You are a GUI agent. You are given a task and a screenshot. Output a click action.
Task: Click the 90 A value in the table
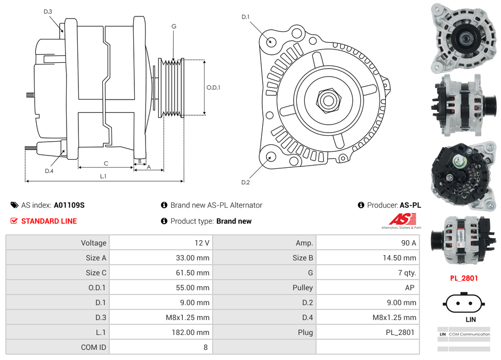[408, 243]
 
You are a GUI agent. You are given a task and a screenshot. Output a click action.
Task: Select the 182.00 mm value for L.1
[194, 332]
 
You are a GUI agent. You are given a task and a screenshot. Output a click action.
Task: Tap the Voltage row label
[93, 243]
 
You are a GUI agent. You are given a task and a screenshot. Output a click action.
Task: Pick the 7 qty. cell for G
[407, 273]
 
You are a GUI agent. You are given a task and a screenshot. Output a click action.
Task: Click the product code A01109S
[69, 205]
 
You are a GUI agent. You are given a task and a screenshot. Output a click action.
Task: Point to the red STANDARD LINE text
[49, 221]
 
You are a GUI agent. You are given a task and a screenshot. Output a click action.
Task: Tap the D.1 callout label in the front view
[245, 17]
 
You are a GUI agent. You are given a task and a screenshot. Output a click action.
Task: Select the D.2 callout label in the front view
[245, 183]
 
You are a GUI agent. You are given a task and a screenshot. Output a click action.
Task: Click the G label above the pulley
[174, 27]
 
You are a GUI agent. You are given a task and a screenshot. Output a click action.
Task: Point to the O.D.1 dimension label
[213, 88]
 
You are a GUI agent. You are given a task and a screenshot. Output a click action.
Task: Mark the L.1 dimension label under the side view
[103, 176]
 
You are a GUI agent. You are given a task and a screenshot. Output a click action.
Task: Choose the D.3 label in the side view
[48, 12]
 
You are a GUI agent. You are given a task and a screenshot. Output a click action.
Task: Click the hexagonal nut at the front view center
[327, 99]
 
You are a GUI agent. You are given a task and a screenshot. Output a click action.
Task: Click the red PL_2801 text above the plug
[464, 278]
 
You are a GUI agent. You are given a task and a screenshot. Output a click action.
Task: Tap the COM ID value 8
[205, 347]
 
